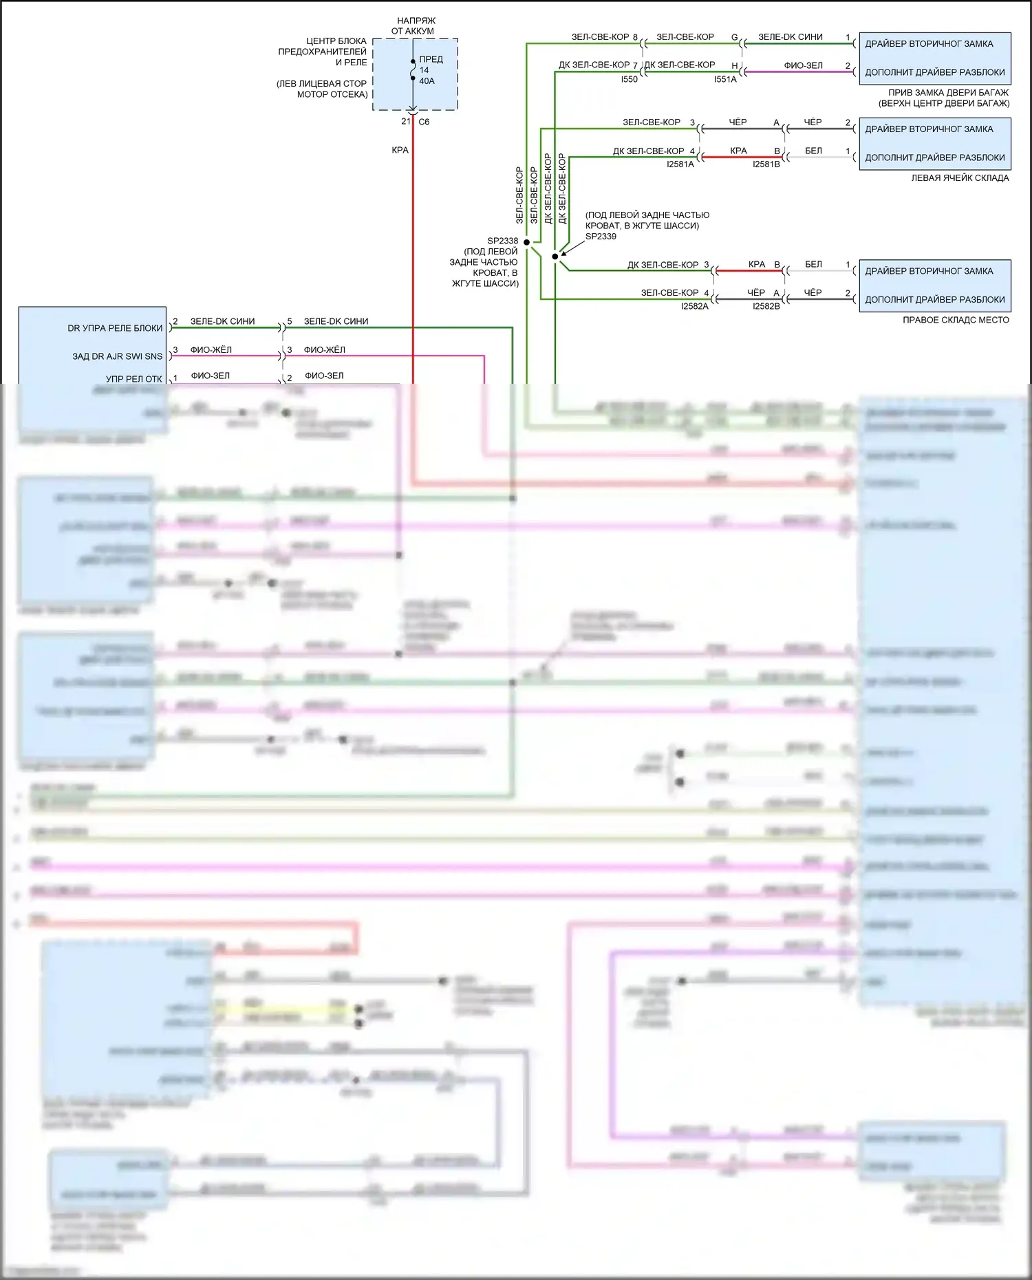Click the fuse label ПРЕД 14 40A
click(x=430, y=70)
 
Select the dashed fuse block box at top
click(x=416, y=74)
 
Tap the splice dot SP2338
click(x=527, y=242)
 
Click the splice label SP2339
click(x=601, y=236)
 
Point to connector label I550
click(x=629, y=79)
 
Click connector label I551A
click(x=725, y=79)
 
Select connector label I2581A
click(x=680, y=164)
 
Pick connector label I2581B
click(x=766, y=164)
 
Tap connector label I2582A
click(x=694, y=306)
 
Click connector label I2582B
click(x=766, y=306)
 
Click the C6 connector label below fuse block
click(x=424, y=122)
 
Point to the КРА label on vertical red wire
click(x=400, y=150)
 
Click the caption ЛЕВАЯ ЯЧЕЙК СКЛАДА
click(x=960, y=177)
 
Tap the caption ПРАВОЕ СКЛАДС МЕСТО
click(x=956, y=320)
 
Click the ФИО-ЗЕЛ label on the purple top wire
click(x=803, y=65)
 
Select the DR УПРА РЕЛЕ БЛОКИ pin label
click(x=115, y=328)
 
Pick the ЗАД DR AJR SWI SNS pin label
click(x=117, y=356)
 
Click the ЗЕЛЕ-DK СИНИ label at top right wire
click(x=790, y=37)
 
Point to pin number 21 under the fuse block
click(x=406, y=121)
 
